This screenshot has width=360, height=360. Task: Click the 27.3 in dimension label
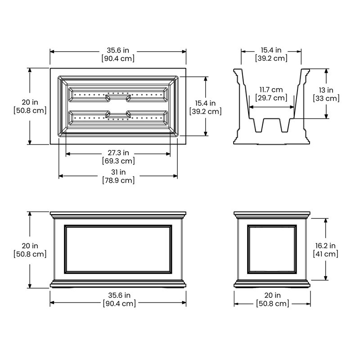click(118, 153)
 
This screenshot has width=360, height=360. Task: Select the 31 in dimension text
click(118, 172)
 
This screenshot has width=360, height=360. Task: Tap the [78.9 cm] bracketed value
click(118, 180)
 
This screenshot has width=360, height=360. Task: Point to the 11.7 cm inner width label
click(271, 90)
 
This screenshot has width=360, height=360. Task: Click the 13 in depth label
click(326, 90)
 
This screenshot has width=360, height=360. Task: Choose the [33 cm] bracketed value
click(326, 98)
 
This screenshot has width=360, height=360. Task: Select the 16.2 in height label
click(325, 246)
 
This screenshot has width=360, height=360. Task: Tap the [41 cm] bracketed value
click(325, 254)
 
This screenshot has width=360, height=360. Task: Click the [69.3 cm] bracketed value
click(118, 161)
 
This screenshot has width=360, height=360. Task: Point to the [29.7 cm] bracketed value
click(271, 98)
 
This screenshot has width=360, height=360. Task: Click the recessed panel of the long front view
click(118, 249)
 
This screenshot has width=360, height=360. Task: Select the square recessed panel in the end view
click(272, 249)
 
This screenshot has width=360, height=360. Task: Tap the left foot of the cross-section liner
click(258, 126)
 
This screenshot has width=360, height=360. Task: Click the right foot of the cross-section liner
click(285, 126)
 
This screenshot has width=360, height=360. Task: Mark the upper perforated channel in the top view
click(118, 94)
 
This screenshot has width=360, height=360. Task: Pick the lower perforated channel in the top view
click(118, 118)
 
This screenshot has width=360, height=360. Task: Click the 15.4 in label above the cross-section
click(271, 50)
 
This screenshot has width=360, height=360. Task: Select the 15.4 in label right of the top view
click(206, 103)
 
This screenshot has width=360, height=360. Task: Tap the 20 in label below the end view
click(273, 295)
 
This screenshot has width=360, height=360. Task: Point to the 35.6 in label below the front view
click(119, 295)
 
